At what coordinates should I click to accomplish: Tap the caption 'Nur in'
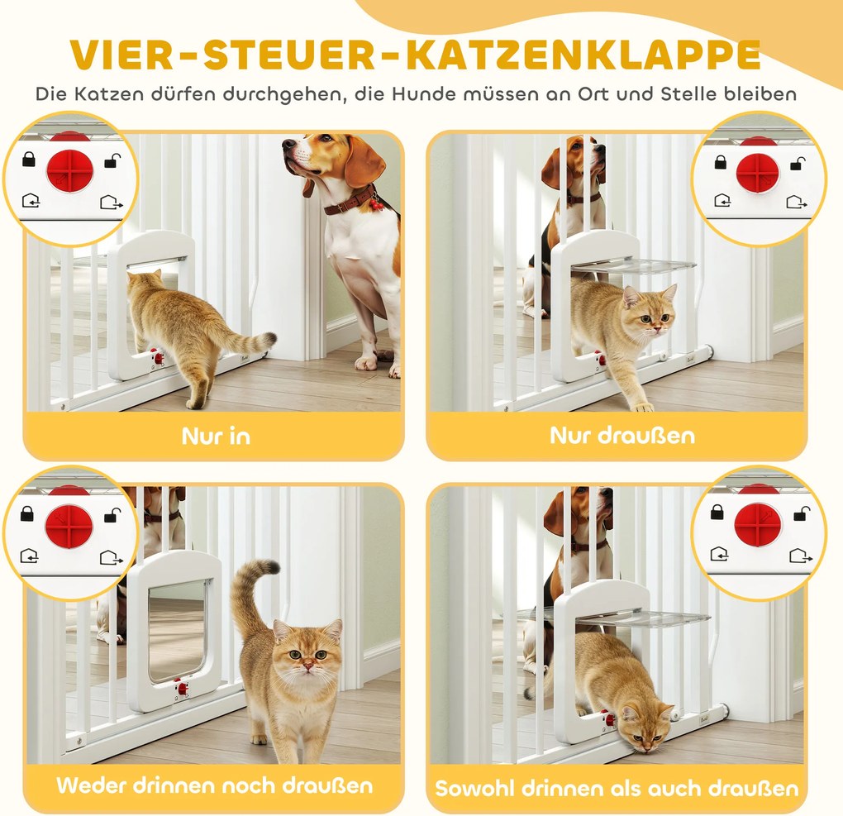[x=217, y=437]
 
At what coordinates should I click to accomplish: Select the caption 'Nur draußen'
[x=622, y=435]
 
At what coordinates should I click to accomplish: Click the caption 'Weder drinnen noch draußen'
[x=215, y=786]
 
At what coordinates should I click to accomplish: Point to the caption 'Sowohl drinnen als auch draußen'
[x=617, y=789]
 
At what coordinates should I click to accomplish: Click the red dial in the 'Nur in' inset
[x=69, y=171]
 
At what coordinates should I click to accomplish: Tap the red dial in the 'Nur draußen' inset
[x=758, y=174]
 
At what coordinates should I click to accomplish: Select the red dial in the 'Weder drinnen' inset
[x=69, y=525]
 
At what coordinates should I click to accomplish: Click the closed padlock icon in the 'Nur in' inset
[x=29, y=159]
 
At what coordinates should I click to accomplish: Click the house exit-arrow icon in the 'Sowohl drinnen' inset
[x=800, y=556]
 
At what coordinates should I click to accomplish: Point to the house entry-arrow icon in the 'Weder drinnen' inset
[x=29, y=556]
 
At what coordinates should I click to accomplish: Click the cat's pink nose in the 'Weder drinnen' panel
[x=307, y=666]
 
